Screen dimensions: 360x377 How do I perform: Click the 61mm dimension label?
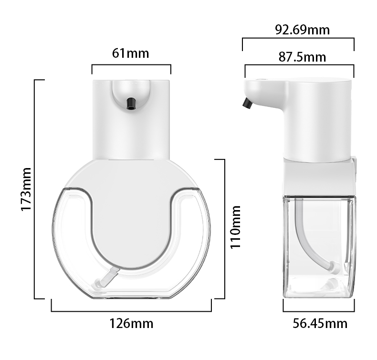tap(130, 53)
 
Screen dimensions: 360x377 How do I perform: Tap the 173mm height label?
tap(26, 190)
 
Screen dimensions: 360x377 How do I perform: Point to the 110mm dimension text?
tap(236, 227)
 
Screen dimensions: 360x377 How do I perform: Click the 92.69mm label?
tap(302, 30)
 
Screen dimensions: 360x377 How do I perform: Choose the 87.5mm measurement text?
tap(302, 57)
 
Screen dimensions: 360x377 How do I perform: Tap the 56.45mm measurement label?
tap(320, 324)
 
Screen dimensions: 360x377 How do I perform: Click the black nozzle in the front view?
tap(130, 102)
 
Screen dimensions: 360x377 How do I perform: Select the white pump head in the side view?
tap(317, 119)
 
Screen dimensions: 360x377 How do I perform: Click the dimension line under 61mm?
tap(131, 65)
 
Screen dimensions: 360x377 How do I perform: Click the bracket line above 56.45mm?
tap(319, 311)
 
